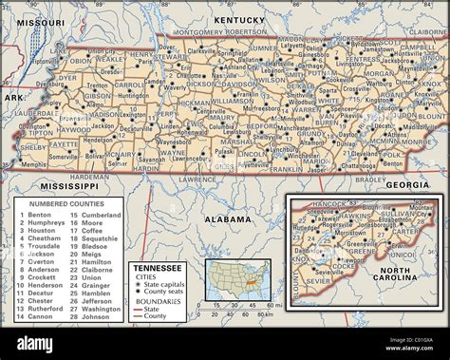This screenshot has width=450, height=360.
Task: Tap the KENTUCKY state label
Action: point(238,20)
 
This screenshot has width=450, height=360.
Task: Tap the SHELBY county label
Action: point(33,147)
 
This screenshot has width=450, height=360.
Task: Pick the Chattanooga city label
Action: point(359,164)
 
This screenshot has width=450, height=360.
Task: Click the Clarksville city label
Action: point(201,50)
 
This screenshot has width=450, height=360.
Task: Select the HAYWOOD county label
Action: point(72,129)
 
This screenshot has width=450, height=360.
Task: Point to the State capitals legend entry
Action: point(164,285)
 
